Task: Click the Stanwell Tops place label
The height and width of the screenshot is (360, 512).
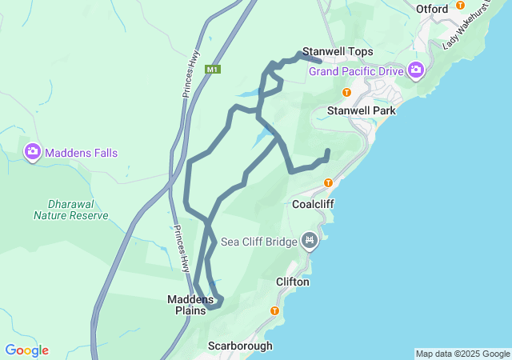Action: coord(338,51)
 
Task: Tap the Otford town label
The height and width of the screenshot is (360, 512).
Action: coord(432,9)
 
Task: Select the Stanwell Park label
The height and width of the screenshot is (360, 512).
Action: coord(362,110)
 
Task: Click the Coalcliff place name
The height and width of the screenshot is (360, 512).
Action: coord(312,204)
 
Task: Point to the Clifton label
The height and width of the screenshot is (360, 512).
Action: coord(292,282)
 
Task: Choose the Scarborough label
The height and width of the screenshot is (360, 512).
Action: coord(240,346)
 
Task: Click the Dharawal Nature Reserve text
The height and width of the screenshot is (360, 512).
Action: coord(70,210)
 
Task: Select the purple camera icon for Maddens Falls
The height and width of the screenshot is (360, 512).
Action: coord(33,151)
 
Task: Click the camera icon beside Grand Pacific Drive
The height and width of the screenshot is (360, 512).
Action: coord(415,70)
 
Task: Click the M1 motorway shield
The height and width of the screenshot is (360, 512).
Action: coord(212,70)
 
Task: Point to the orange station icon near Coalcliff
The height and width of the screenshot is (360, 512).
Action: coord(328,183)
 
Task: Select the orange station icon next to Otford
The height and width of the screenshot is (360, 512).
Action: coord(460,5)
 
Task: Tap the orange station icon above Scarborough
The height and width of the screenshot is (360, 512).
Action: coord(274,310)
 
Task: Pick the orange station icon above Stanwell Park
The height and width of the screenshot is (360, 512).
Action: coord(346,92)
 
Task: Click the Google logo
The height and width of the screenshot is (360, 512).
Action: coord(26,350)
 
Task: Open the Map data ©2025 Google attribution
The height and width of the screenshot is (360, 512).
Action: coord(462,354)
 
